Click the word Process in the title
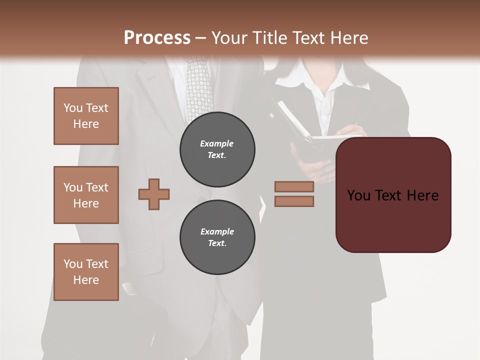point(157,38)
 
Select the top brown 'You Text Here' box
point(86,116)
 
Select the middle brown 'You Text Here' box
point(86,195)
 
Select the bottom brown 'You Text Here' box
point(86,272)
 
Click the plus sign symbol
point(154,194)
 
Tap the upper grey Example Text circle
point(217,149)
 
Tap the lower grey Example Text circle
point(217,237)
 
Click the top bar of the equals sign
point(294,186)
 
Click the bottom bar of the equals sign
point(294,201)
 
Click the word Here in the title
point(349,38)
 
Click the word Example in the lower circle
point(217,231)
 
